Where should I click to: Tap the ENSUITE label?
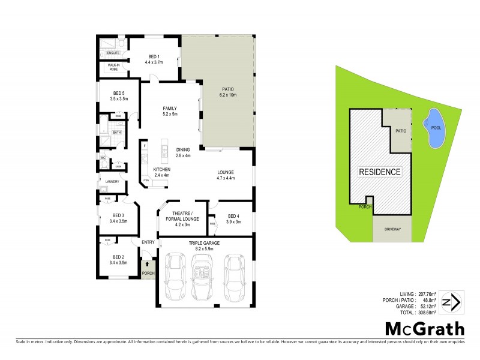coord(114,53)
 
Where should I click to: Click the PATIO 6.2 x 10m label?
coord(229,92)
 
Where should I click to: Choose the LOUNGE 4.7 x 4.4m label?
coord(225,175)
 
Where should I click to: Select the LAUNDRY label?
coord(112,182)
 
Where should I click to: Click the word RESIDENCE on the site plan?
coord(380,172)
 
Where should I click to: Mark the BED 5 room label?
coord(119,96)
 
